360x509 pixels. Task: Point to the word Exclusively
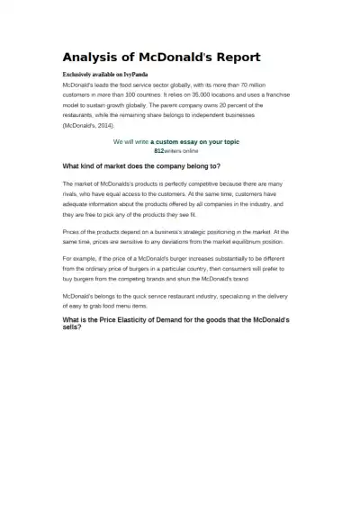click(x=77, y=73)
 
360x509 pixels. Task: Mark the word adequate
click(x=77, y=205)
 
